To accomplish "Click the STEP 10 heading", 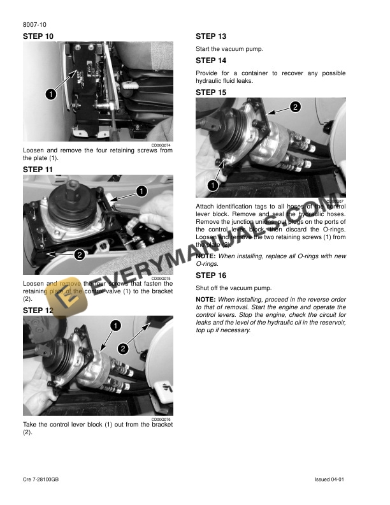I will [38, 36].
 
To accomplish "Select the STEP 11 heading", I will [38, 170].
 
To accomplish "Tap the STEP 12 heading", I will [38, 310].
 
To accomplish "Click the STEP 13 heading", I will [211, 36].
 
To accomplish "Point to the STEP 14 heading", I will [211, 61].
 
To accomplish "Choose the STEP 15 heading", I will [211, 92].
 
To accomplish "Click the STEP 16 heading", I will [211, 275].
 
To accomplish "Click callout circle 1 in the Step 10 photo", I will [48, 94].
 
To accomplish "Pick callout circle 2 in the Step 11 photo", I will [78, 255].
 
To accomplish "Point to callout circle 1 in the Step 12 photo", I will [115, 326].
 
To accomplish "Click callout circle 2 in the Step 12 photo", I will [122, 349].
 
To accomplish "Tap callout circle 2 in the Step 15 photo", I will [295, 106].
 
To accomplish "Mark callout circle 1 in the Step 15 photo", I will [210, 185].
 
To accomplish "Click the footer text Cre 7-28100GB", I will [41, 479].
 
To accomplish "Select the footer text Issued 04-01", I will [329, 479].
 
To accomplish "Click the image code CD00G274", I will [161, 145].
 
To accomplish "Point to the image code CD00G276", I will [161, 419].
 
